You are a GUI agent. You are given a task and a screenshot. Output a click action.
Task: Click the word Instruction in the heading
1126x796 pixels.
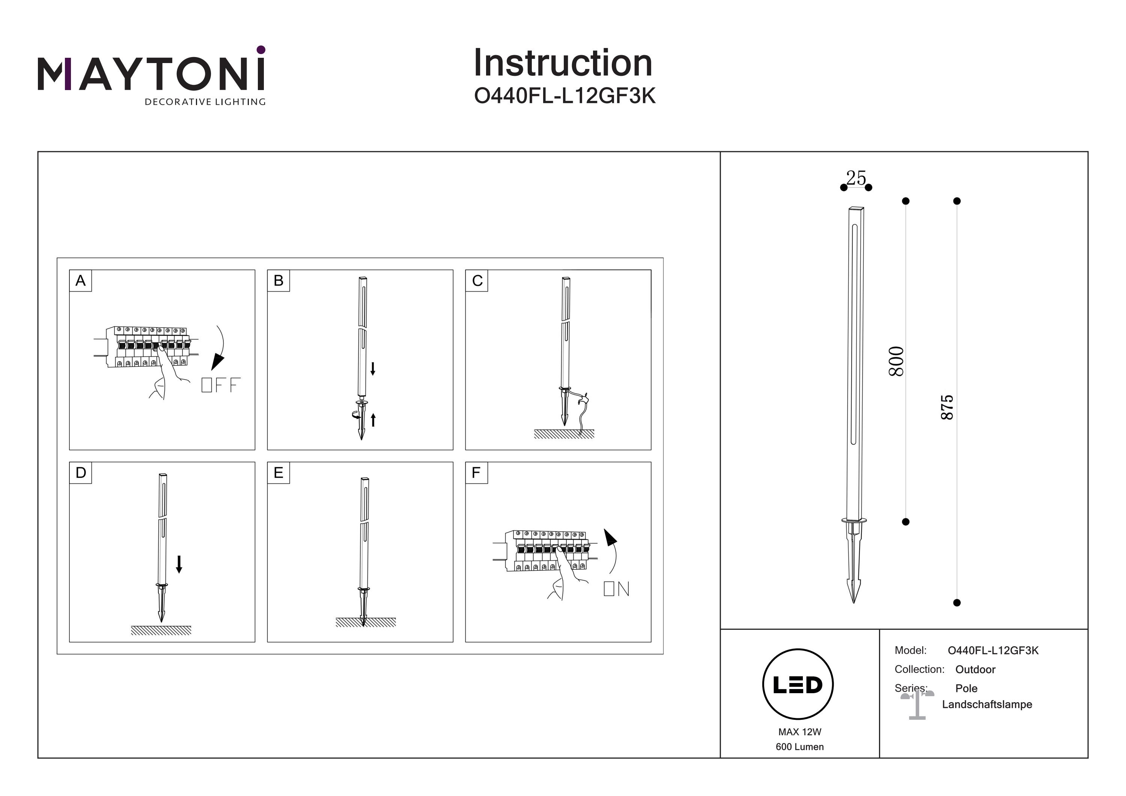coord(563,64)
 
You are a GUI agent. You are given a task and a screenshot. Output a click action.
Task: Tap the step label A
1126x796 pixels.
coord(80,281)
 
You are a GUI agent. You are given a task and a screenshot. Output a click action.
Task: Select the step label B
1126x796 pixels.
coord(278,281)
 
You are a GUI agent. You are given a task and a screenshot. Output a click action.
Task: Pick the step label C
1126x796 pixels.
coord(477,281)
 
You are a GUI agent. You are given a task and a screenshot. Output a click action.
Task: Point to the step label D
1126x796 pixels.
coord(80,473)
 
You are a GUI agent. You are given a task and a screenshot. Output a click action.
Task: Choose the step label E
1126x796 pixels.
coord(278,473)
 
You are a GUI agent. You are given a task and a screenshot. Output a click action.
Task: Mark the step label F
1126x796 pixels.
coord(476,473)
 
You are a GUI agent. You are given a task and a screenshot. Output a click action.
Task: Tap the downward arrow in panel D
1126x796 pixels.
coord(179,564)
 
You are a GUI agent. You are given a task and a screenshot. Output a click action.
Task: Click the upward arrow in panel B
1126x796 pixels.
coord(373,420)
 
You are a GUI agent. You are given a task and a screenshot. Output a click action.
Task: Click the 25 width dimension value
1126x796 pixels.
coord(856,178)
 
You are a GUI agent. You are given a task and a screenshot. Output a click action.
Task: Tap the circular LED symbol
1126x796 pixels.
coord(798,685)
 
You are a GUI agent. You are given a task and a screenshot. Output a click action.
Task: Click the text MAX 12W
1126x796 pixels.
coord(799,732)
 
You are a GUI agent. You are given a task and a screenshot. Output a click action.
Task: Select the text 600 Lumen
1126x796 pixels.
coord(799,747)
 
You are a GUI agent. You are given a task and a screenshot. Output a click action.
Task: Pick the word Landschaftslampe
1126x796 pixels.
coord(987,704)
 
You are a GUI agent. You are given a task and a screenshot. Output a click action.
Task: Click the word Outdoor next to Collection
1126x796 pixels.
coord(975,670)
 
